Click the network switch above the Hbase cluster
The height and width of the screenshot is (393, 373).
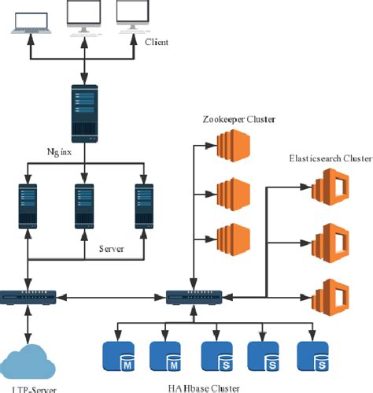coord(194,297)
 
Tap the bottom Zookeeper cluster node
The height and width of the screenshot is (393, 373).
coord(232,237)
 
